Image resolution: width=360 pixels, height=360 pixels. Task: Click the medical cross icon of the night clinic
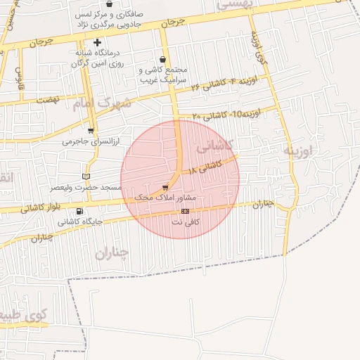(x=97, y=43)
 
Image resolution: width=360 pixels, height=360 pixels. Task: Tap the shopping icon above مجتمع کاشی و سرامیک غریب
(x=164, y=60)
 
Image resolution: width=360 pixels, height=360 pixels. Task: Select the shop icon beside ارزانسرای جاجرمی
(x=91, y=131)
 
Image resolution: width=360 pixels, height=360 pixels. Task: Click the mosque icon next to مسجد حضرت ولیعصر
(x=86, y=176)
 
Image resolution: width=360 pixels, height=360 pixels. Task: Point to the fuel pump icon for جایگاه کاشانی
(x=79, y=211)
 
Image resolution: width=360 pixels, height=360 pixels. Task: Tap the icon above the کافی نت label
(x=186, y=211)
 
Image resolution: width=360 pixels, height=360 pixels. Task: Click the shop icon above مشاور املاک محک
(x=165, y=188)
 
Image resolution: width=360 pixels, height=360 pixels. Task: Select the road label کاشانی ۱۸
(x=205, y=167)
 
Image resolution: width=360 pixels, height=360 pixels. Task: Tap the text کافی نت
(x=186, y=222)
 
